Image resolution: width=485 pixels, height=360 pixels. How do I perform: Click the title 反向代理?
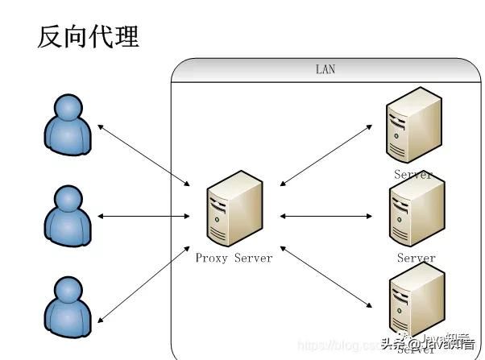tap(88, 36)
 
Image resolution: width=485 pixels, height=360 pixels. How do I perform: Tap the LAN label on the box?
tap(325, 70)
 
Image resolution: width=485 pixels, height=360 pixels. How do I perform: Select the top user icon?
tap(66, 125)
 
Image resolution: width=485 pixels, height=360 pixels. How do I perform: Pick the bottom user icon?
tap(66, 304)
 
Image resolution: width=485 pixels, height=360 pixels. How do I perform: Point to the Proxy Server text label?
tap(234, 258)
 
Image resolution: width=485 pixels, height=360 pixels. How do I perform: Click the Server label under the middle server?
tap(416, 259)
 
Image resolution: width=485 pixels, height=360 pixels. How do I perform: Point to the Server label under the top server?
tap(412, 174)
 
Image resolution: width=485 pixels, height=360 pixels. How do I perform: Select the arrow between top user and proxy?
tap(143, 155)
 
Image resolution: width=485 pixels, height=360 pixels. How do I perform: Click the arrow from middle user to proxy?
tap(143, 216)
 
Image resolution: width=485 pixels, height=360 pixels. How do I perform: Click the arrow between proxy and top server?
tap(325, 155)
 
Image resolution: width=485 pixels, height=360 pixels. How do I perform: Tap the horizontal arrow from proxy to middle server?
tap(325, 216)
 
